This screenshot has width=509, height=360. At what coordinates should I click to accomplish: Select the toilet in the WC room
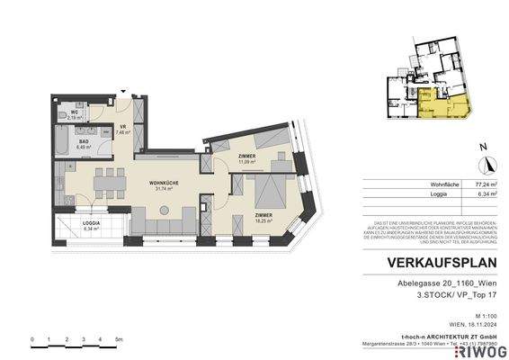pyautogui.click(x=62, y=115)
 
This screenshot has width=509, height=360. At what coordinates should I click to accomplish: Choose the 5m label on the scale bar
pyautogui.click(x=118, y=339)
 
